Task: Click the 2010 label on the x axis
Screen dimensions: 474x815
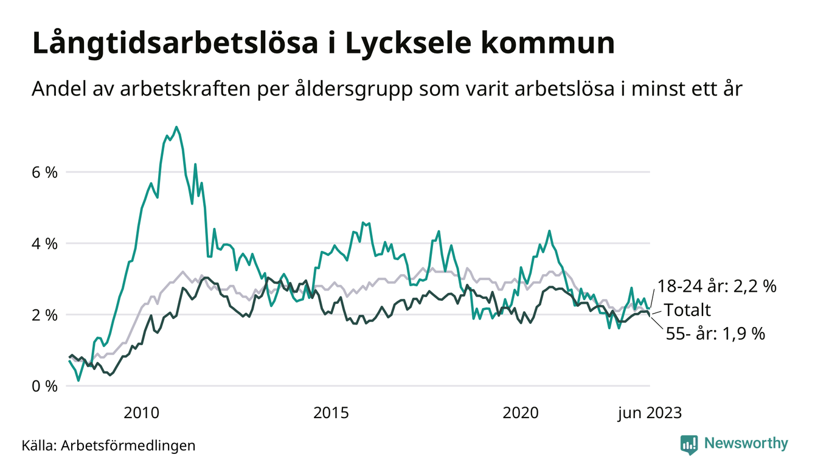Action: pos(142,413)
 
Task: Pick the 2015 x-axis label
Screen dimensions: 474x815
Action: pos(331,413)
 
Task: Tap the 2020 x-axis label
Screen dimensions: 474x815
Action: pos(521,413)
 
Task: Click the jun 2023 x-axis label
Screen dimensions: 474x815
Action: pos(650,413)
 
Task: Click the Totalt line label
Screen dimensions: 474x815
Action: pos(687,310)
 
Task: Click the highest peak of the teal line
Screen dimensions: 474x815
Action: pos(176,128)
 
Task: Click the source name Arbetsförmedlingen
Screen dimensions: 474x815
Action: pos(129,445)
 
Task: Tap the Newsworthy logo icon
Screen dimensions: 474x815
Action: pos(689,444)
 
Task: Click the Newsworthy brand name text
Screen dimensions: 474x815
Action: pos(746,444)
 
